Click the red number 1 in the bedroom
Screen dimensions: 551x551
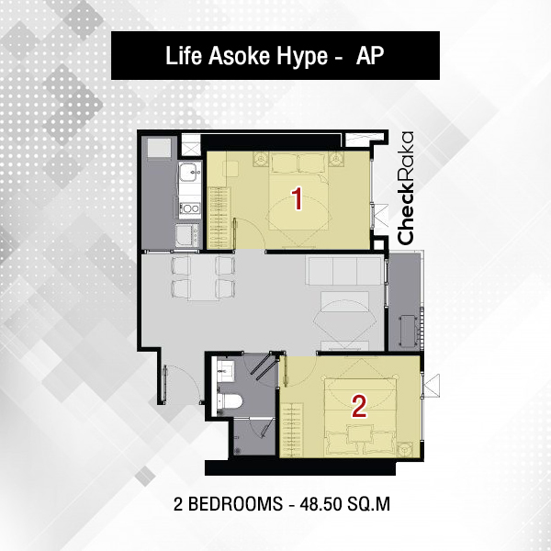[298, 198]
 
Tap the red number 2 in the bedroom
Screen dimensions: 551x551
[359, 407]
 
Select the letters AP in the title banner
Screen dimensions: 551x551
[370, 55]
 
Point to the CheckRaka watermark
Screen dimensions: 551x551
[405, 188]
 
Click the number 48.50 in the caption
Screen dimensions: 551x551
[320, 504]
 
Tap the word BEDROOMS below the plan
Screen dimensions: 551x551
[235, 504]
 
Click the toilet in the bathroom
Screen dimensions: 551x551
[230, 401]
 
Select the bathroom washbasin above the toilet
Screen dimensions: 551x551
[225, 370]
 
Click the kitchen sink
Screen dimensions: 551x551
[190, 173]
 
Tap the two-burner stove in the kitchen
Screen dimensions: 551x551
[190, 208]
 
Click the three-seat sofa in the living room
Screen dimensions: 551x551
[344, 270]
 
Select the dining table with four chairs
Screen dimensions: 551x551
[203, 278]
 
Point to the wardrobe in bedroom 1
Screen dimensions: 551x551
[219, 218]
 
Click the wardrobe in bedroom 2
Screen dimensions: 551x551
[291, 430]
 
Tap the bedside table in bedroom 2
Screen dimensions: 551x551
[406, 449]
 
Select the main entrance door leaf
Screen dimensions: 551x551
[164, 384]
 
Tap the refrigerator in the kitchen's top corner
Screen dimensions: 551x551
[159, 148]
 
